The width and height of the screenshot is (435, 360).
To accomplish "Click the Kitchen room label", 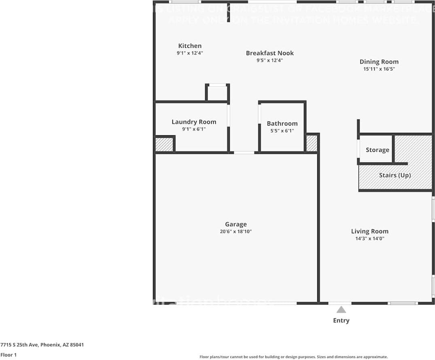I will pyautogui.click(x=190, y=46).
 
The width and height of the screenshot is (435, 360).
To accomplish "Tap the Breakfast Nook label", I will pyautogui.click(x=269, y=53).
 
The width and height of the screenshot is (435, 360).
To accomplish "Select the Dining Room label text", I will pyautogui.click(x=379, y=62).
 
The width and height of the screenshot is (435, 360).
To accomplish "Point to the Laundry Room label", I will pyautogui.click(x=194, y=122).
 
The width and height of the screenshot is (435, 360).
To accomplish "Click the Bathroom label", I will pyautogui.click(x=282, y=124).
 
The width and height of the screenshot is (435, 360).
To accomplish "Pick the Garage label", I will pyautogui.click(x=236, y=224).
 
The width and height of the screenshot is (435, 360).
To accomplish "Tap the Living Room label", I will pyautogui.click(x=369, y=231).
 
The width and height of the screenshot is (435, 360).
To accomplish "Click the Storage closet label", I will pyautogui.click(x=377, y=150).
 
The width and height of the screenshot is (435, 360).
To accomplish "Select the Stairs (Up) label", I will pyautogui.click(x=395, y=175).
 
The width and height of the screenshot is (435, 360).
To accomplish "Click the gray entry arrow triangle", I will pyautogui.click(x=341, y=310).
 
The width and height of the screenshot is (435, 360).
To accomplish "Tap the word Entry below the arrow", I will pyautogui.click(x=341, y=320).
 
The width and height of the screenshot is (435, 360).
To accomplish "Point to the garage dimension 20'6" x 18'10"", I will pyautogui.click(x=236, y=232).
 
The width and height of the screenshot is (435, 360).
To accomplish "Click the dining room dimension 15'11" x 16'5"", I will pyautogui.click(x=379, y=69).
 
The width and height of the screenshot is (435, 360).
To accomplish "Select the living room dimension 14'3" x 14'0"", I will pyautogui.click(x=369, y=239).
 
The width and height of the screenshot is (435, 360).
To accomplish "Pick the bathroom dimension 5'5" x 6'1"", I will pyautogui.click(x=282, y=131).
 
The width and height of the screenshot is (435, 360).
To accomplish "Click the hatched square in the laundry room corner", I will pyautogui.click(x=164, y=145).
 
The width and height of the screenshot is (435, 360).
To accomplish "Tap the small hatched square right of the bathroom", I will pyautogui.click(x=311, y=143).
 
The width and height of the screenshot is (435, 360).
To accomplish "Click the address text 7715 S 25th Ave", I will pyautogui.click(x=42, y=345).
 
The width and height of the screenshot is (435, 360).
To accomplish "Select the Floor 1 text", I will pyautogui.click(x=8, y=355).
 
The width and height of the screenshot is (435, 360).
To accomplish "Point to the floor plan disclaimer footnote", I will pyautogui.click(x=293, y=357).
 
